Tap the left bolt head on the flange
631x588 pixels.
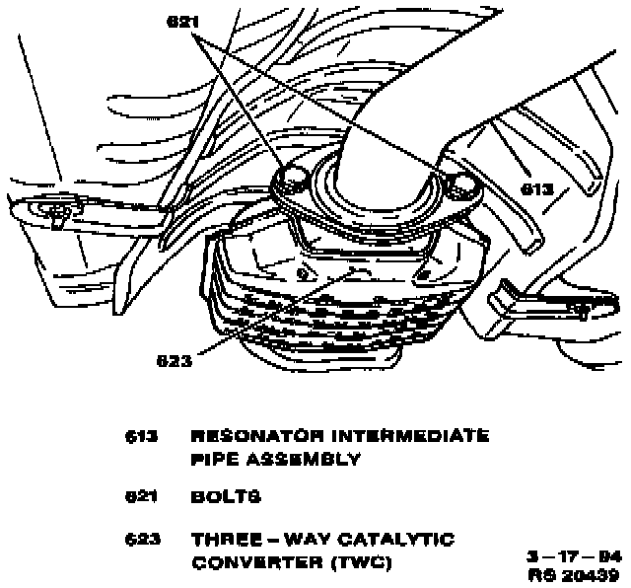pos(294,177)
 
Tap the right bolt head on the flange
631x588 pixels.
pos(458,183)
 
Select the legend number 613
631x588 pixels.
pos(142,435)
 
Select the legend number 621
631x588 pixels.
pos(142,497)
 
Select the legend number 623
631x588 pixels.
pos(142,540)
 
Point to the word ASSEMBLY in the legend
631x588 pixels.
pos(300,459)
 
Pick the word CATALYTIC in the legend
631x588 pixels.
pos(404,540)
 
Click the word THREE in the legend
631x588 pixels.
pos(224,540)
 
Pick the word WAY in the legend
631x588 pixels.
pos(309,540)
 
